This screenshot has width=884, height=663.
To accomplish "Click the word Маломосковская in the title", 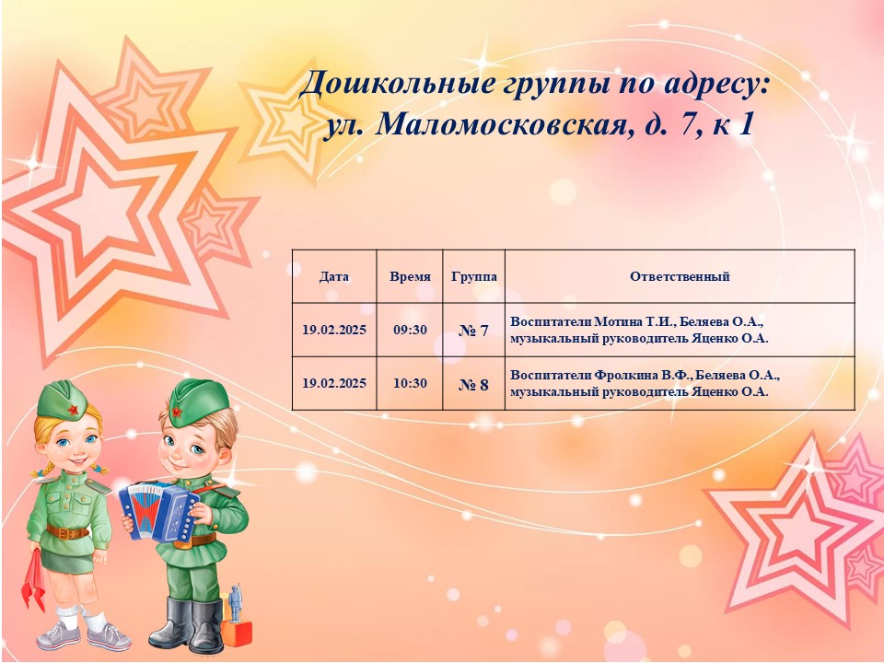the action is click(501, 124).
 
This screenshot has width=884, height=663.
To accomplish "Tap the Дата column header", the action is click(333, 277).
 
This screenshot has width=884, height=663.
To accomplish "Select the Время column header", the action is click(410, 277).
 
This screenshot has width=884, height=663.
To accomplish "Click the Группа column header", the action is click(474, 277).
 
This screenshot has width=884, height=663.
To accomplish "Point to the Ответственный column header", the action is click(680, 277).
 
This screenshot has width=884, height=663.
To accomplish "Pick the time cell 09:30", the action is click(410, 330).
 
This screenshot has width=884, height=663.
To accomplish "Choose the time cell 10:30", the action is click(410, 383).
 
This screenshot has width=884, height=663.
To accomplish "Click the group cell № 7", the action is click(473, 331).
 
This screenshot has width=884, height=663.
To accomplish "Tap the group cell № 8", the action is click(473, 385).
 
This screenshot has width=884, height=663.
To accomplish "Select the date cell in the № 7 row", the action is click(333, 330).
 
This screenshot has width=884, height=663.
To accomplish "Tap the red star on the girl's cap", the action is click(73, 409).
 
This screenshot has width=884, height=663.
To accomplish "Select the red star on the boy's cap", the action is click(177, 413).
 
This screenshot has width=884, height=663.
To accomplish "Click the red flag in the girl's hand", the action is click(34, 581).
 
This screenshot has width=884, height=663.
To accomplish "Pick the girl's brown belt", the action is click(67, 531).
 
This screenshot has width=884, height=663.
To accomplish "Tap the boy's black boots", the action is click(188, 624).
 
